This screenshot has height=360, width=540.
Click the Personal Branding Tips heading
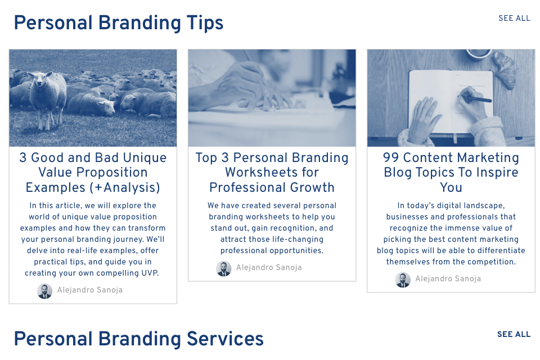point(119,24)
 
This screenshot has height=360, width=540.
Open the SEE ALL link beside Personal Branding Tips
point(514,18)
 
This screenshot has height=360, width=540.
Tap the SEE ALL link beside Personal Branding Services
point(514,334)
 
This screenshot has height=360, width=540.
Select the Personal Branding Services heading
point(138,339)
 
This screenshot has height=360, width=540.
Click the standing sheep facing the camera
point(47,98)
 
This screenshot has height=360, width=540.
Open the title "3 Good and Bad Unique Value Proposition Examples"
point(93,172)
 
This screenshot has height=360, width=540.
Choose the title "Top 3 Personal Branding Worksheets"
point(272,172)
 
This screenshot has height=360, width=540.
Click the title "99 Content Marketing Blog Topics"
point(451,172)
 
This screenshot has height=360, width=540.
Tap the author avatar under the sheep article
point(45,291)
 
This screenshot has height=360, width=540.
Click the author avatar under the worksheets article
point(224,268)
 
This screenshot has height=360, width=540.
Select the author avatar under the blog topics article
point(403,280)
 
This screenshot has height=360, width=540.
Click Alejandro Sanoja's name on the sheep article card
point(90,290)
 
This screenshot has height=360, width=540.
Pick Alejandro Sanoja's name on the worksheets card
point(269,267)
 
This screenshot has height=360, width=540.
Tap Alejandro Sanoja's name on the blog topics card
point(448,278)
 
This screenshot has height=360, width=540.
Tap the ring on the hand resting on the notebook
point(429,114)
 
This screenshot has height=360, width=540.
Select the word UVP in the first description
point(150,273)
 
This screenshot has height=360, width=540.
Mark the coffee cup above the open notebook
point(478,55)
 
